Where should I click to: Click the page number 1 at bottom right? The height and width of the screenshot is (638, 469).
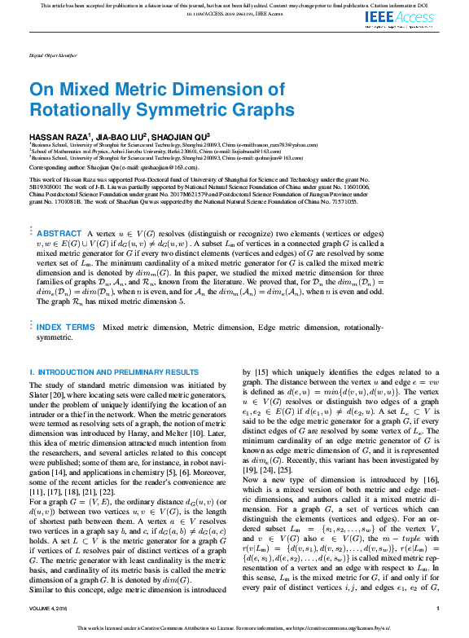pos(438,607)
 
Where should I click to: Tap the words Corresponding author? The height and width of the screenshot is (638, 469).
pos(55,166)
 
